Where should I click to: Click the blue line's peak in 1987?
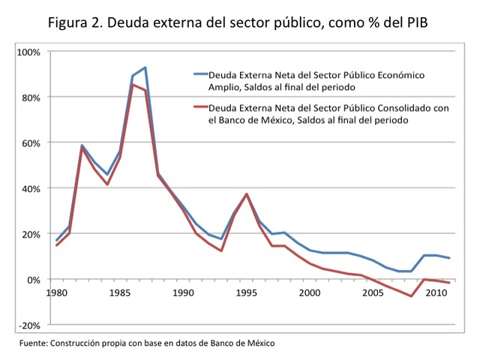pyautogui.click(x=145, y=67)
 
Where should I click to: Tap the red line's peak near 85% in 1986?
pyautogui.click(x=133, y=85)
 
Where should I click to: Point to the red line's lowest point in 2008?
pyautogui.click(x=411, y=296)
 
